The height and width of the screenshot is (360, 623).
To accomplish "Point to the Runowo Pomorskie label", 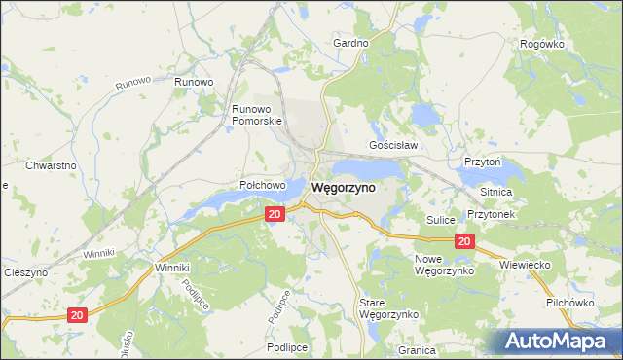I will [256, 115].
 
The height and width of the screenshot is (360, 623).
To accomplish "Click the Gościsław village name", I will [393, 146].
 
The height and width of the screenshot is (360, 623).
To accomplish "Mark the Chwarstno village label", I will [52, 165].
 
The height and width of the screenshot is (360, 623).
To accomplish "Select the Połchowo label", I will [263, 185].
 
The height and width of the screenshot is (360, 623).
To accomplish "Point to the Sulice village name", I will [441, 221].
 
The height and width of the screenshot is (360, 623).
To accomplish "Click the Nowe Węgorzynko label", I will [444, 264].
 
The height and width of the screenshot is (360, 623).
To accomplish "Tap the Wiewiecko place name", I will [526, 264].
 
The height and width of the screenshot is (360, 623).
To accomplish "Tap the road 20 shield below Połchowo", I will [275, 214].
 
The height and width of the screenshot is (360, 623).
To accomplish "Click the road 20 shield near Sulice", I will [464, 242].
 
